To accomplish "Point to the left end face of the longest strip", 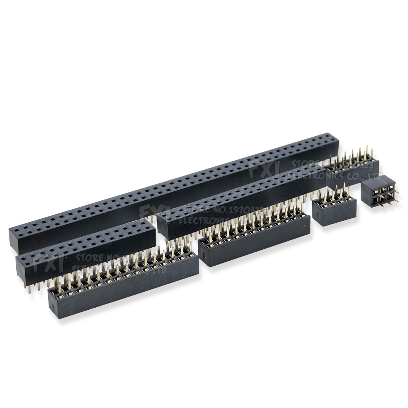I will coord(15,241).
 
